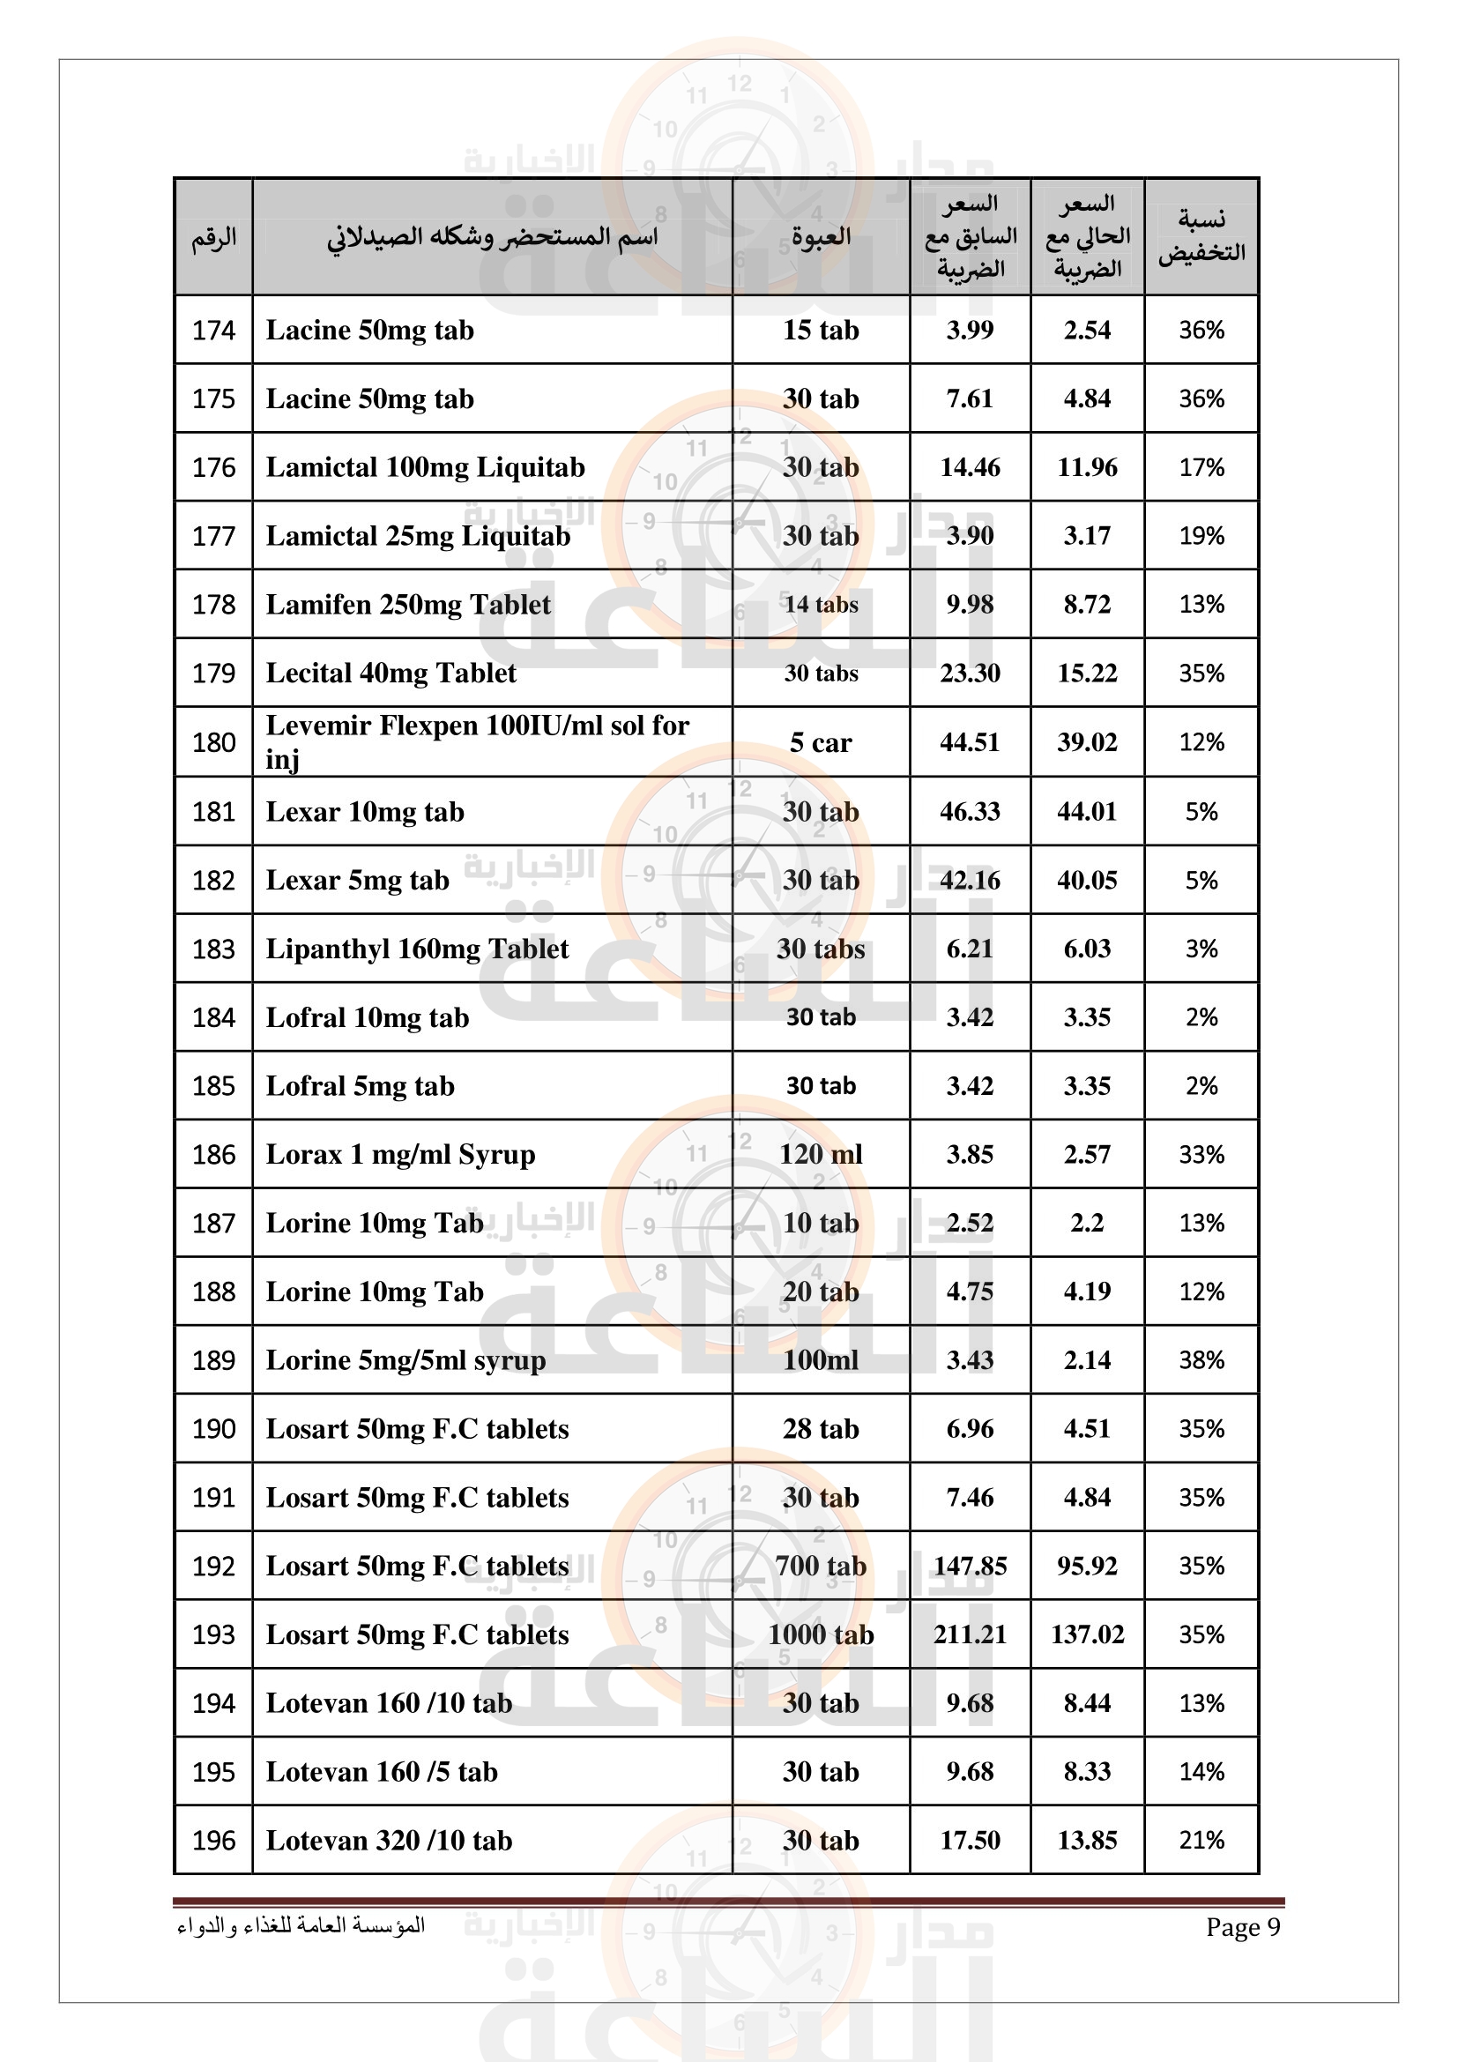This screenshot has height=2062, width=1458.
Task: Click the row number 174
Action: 213,331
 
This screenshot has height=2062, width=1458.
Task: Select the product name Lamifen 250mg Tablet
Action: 407,605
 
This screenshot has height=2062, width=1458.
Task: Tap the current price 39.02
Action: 1086,741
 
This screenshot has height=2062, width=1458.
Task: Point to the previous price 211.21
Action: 970,1634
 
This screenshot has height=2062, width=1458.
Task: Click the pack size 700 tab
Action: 821,1566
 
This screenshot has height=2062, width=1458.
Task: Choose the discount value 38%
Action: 1201,1359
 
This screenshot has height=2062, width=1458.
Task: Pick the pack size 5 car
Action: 821,742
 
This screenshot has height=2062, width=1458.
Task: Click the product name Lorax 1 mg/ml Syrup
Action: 400,1154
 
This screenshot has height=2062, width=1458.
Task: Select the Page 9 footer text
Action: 1243,1926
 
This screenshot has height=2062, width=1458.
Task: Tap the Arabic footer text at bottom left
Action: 301,1925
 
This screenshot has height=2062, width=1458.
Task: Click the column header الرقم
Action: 213,237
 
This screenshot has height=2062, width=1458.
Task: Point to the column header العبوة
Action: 821,237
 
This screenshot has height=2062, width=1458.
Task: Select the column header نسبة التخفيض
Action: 1201,237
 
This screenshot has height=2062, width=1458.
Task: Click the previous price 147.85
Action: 970,1566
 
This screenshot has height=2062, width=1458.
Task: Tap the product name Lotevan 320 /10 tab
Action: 389,1840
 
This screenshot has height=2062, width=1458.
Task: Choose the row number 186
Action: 213,1154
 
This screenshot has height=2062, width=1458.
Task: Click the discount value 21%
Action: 1201,1840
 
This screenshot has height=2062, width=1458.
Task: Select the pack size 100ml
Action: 821,1359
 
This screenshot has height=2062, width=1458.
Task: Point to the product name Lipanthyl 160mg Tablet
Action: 417,949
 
